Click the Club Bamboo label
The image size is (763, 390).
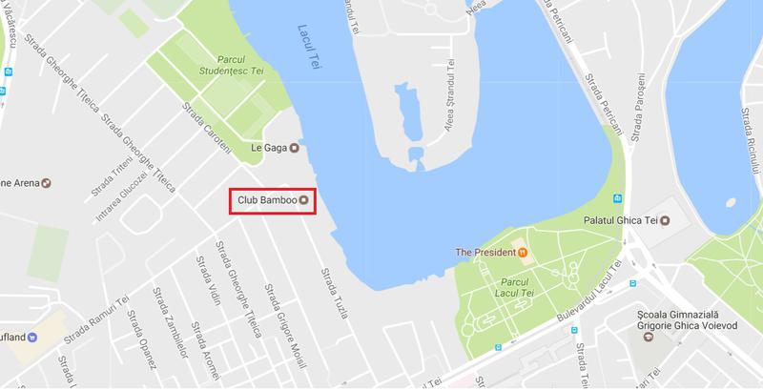click(x=266, y=199)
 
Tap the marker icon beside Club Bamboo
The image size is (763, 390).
click(x=303, y=199)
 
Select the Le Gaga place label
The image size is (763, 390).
click(x=268, y=148)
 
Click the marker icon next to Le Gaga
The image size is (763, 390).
click(x=294, y=148)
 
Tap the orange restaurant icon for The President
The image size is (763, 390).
click(x=524, y=253)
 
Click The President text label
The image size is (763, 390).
click(x=486, y=253)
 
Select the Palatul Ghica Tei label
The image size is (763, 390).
click(x=620, y=221)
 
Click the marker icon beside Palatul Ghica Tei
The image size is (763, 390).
click(x=666, y=221)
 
